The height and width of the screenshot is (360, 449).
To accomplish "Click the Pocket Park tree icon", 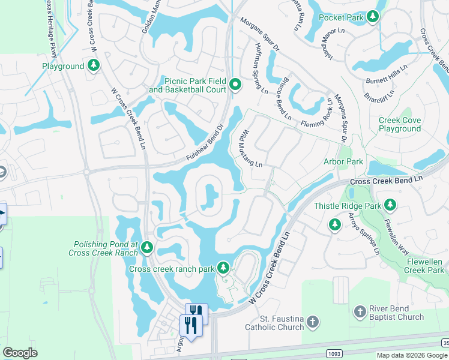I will point(373,17).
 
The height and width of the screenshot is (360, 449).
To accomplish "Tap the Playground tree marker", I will point(94,65).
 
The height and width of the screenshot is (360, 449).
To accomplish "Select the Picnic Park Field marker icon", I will point(235,85).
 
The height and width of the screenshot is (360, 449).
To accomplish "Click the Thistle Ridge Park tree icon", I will point(390,205).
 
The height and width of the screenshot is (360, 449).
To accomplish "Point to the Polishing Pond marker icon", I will point(147,248).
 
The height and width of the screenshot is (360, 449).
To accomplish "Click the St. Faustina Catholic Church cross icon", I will point(312,323).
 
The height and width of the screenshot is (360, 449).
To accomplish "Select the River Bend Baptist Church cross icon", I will point(360,312).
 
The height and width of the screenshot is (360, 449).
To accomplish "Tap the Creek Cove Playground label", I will point(400,124).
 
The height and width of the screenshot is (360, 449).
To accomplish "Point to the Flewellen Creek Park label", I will point(424,266).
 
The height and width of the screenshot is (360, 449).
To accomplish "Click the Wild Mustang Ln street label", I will point(252,148).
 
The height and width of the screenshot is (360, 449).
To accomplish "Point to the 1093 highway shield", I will point(334,354).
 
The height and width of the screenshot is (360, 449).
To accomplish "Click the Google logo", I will point(20,353).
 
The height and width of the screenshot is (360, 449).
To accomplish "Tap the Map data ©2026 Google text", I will point(412,355).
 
